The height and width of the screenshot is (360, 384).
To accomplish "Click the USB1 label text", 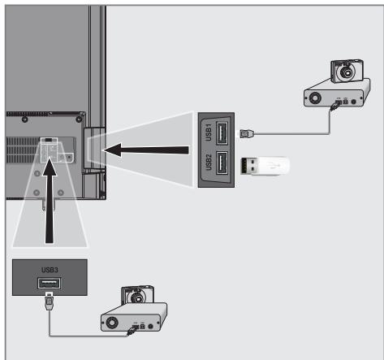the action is tap(209, 132).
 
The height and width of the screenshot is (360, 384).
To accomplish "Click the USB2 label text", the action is tap(209, 163).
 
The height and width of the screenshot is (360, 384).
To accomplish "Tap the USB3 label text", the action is tap(50, 270).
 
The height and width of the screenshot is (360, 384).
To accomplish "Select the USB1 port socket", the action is tap(222, 132).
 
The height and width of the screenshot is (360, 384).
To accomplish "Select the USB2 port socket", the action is tap(222, 163).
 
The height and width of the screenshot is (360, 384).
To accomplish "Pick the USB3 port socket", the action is tap(49, 284).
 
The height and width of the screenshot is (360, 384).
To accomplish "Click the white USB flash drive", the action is tap(265, 166).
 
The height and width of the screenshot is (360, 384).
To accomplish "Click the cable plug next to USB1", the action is tap(246, 133).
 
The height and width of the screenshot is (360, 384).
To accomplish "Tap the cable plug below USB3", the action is tap(49, 302).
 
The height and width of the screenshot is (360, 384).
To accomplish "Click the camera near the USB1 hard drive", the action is tap(347, 71).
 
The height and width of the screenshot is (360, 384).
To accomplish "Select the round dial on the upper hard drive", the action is tap(315, 98).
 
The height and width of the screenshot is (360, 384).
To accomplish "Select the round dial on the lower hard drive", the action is tap(112, 323).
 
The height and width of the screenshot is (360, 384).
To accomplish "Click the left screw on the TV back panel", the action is tap(24, 119).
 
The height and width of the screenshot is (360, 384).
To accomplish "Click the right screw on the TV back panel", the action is tap(79, 119).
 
